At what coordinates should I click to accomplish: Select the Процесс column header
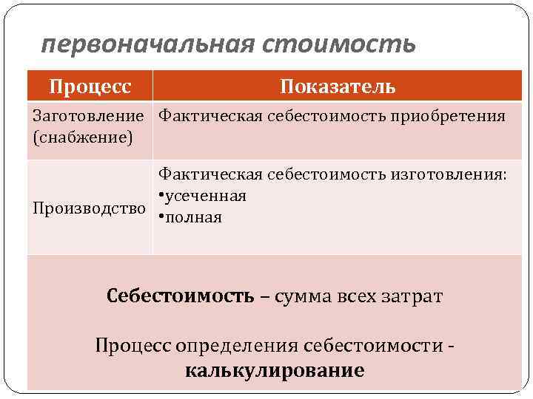(90, 86)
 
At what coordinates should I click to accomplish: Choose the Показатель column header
(338, 86)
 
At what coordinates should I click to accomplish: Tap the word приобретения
(453, 116)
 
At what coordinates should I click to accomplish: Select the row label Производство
(90, 208)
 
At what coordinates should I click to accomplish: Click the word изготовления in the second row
(452, 174)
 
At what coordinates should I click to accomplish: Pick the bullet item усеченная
(206, 196)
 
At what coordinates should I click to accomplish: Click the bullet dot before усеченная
(161, 197)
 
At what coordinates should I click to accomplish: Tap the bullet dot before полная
(161, 218)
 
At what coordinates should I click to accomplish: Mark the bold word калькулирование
(275, 369)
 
